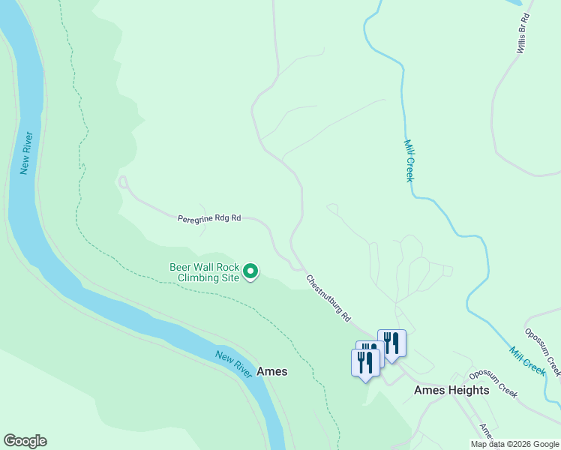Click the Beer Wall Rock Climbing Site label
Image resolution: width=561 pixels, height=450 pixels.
[x=204, y=272]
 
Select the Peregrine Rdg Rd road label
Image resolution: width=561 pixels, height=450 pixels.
[x=209, y=218]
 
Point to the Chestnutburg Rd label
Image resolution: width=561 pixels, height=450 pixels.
[x=328, y=298]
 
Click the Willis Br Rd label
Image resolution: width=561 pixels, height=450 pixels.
[x=523, y=33]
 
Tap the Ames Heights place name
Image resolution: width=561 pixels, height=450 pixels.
[x=451, y=390]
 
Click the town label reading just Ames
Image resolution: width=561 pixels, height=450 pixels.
[x=271, y=371]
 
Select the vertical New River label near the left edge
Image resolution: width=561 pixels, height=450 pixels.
[x=27, y=153]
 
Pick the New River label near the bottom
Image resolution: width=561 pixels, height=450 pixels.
[x=233, y=363]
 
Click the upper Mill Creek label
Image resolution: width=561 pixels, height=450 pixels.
[x=409, y=160]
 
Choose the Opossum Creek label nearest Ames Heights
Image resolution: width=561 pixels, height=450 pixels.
[x=494, y=382]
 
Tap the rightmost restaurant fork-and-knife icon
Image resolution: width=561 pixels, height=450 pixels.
[x=391, y=342]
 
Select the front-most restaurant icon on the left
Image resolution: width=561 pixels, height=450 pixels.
[x=364, y=362]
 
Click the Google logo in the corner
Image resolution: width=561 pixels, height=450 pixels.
[x=25, y=441]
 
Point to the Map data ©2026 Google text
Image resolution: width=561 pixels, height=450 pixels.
[x=515, y=444]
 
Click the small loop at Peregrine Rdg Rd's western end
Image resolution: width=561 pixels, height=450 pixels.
[x=123, y=181]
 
